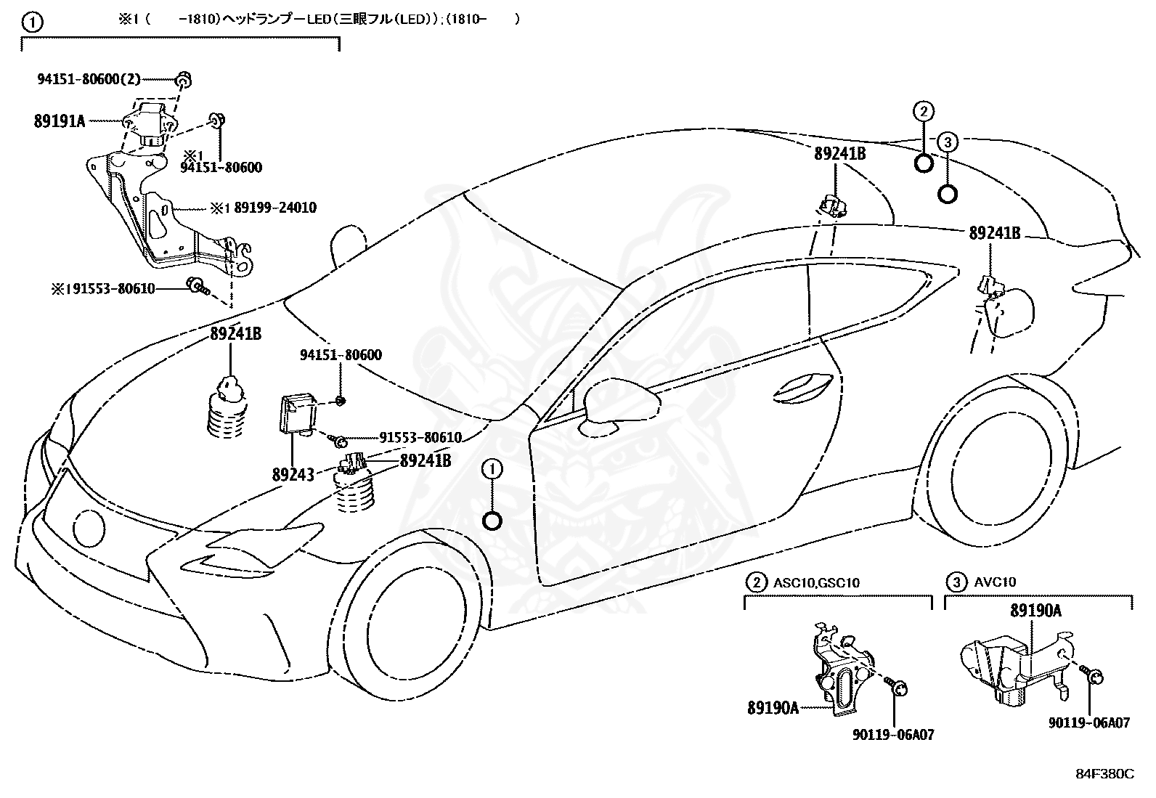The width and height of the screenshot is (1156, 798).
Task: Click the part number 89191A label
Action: (60, 121)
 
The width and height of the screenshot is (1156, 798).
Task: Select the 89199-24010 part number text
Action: (275, 208)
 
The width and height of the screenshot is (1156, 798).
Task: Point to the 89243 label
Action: (293, 474)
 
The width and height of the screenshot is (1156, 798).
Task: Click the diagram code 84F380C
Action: (1105, 774)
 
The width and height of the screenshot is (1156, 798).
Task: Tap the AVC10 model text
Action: (995, 582)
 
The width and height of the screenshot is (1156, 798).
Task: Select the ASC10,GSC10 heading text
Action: (816, 583)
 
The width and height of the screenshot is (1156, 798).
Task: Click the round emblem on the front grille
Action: (89, 528)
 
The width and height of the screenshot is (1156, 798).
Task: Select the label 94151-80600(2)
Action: (89, 79)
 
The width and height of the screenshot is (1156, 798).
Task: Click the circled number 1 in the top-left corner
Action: (33, 23)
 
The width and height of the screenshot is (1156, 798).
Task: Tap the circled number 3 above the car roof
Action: (948, 142)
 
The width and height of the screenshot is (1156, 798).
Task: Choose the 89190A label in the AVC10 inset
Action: (1035, 611)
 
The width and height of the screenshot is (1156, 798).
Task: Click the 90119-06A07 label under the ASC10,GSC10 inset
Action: (893, 735)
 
